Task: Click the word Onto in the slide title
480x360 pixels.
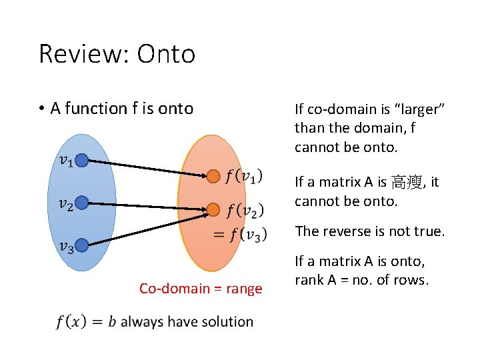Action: point(166,54)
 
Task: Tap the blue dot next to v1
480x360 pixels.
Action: point(82,160)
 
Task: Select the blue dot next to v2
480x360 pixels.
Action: point(82,202)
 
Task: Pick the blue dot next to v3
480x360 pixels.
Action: point(82,245)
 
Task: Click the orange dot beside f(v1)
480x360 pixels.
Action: point(213,177)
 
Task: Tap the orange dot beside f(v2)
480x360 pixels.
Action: point(213,210)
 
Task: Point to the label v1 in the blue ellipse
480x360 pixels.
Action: point(65,160)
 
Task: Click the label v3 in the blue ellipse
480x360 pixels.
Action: point(65,247)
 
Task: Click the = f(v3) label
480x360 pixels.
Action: point(240,234)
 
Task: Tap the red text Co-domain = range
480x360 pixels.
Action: point(201,289)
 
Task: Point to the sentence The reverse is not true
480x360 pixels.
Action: point(369,231)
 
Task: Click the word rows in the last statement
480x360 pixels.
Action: point(411,280)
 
